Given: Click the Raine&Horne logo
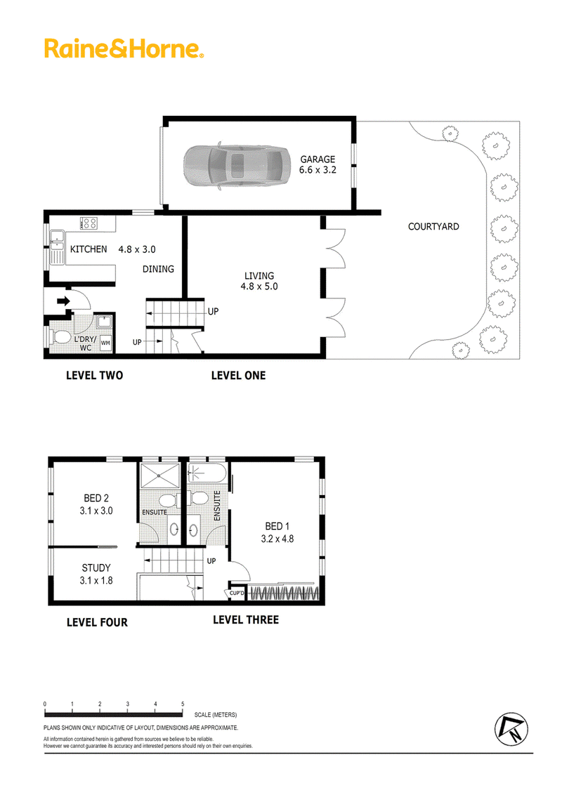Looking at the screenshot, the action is tap(124, 48).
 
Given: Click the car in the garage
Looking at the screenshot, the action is tap(236, 166).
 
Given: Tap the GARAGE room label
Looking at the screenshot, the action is tap(318, 159).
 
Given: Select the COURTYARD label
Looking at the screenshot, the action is tap(433, 227).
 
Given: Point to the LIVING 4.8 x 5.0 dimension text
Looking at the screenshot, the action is tap(259, 287).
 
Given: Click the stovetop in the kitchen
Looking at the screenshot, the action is tap(89, 223).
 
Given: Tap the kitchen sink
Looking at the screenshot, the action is tap(57, 247).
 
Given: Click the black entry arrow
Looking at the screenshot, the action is tap(63, 301).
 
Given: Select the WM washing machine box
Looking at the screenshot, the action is tap(105, 343).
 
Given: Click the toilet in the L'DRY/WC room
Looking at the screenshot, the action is tap(60, 337).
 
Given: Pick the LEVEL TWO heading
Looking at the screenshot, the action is tap(94, 375).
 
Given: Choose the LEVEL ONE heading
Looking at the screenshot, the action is tap(238, 375).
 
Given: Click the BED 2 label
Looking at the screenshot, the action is tap(96, 499).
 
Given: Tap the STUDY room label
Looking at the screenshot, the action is tap(96, 568).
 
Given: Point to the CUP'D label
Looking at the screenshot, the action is tap(237, 593).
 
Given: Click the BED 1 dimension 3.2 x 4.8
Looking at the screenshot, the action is tap(277, 539).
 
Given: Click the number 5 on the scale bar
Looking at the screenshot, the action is tap(183, 704).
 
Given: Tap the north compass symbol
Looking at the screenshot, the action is tap(511, 730).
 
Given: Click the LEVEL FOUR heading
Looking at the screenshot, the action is tap(97, 622).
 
